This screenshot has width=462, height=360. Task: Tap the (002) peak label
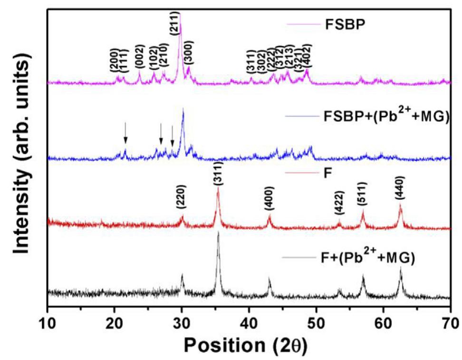point(139,63)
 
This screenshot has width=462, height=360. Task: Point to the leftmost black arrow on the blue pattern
point(125,132)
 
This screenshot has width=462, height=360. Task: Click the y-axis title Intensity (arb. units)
point(21,155)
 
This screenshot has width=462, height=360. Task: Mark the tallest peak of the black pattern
point(218,233)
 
